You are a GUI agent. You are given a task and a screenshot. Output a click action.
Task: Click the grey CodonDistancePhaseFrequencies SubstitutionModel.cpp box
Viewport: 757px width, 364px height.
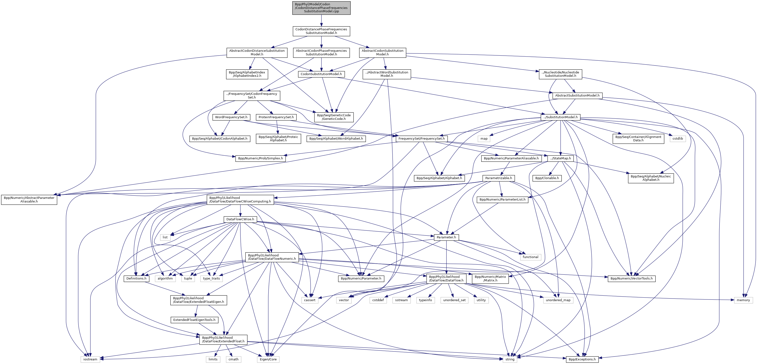321,8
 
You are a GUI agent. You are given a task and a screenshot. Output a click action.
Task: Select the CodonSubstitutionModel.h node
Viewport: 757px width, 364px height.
321,74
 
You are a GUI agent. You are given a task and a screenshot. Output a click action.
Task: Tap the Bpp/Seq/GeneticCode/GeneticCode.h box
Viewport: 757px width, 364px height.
333,117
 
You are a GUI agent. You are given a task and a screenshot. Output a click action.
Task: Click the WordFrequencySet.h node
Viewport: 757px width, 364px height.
231,117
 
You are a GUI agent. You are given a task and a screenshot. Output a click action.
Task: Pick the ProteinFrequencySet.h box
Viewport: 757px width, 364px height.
276,117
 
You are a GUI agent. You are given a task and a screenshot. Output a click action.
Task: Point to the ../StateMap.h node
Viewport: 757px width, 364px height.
560,158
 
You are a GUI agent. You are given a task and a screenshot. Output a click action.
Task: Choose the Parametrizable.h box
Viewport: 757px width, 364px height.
498,178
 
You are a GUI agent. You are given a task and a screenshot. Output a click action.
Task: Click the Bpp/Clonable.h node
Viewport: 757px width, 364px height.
547,178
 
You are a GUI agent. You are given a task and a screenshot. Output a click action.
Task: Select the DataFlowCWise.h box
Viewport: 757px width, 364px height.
240,219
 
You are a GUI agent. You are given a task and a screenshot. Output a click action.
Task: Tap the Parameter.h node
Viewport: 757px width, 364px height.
446,237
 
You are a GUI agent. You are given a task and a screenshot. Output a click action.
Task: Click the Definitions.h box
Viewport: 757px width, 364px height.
136,278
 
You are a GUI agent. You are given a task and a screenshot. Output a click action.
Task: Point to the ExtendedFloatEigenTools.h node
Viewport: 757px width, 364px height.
194,320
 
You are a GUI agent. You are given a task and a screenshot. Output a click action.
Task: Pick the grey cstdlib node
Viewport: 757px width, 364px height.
678,139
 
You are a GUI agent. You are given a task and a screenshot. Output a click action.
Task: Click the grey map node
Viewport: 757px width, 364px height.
484,139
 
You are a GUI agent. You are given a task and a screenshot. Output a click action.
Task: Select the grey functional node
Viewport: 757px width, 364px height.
530,257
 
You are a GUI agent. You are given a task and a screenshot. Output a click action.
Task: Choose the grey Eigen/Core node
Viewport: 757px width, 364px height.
268,359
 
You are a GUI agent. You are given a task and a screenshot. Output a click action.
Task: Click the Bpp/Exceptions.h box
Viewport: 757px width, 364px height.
582,359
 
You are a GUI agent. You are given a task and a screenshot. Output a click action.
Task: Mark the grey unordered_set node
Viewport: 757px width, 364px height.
454,300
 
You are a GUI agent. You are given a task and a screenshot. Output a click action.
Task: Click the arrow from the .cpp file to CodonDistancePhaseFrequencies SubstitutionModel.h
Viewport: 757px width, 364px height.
321,21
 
